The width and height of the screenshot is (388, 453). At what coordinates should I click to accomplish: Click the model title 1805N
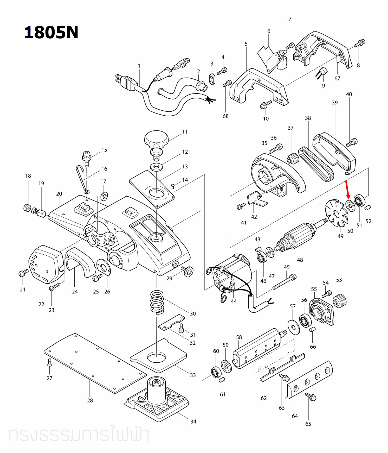click(51, 33)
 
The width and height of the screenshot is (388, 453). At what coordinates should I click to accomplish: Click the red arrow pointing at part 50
click(347, 190)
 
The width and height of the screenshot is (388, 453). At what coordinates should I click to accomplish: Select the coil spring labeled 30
click(157, 302)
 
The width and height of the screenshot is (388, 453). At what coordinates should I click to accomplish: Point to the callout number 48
click(300, 260)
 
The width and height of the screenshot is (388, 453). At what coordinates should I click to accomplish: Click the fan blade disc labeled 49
click(336, 213)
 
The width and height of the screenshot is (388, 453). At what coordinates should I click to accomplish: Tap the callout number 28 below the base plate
click(90, 400)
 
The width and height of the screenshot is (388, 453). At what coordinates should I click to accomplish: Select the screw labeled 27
click(50, 362)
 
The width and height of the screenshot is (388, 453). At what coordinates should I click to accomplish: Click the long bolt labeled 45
click(284, 282)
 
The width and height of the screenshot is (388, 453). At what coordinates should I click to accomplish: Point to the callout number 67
click(337, 78)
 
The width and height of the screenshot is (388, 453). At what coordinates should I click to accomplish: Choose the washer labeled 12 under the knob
click(157, 167)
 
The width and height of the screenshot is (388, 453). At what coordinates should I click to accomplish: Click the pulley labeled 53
click(340, 300)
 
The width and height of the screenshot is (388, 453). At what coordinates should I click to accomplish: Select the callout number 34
click(193, 421)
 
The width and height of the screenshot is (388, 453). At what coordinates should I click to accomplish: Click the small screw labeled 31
click(182, 328)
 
